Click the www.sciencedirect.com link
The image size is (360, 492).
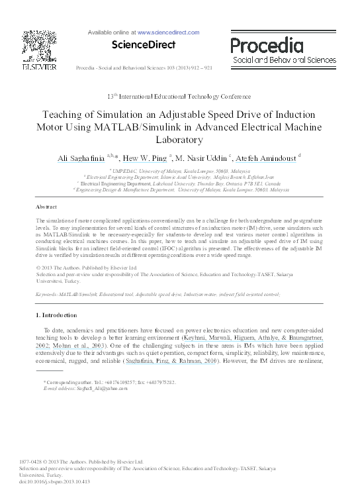168,32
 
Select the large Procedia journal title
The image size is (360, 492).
267,45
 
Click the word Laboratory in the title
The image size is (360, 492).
180,140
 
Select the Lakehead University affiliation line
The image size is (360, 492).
179,183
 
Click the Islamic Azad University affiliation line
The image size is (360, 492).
179,177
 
